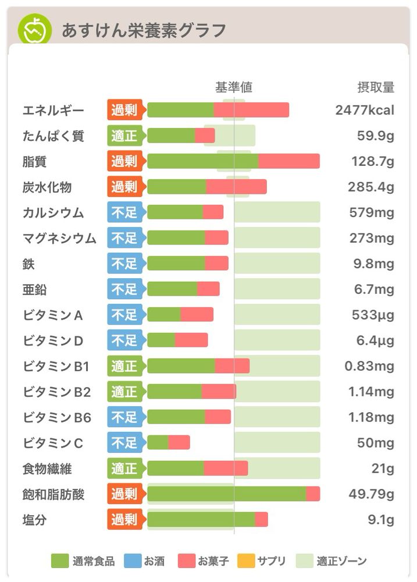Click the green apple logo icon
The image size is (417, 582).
point(35,30)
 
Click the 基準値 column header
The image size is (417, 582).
point(233,87)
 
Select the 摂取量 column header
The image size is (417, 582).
point(375,87)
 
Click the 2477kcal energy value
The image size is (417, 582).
point(365,110)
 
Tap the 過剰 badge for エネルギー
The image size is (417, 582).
point(124,110)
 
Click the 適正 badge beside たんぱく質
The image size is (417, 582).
point(124,136)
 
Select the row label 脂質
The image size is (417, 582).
point(34,161)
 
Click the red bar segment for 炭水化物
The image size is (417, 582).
point(237,187)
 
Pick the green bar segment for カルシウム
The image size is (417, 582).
point(175,212)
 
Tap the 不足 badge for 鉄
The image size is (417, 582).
point(124,264)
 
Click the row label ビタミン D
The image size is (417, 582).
point(54,340)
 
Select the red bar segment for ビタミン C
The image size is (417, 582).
point(179,443)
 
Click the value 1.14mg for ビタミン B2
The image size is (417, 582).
point(371,392)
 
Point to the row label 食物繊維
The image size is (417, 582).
point(47,469)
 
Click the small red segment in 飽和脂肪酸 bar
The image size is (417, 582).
point(313,494)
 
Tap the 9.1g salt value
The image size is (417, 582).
point(381,520)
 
